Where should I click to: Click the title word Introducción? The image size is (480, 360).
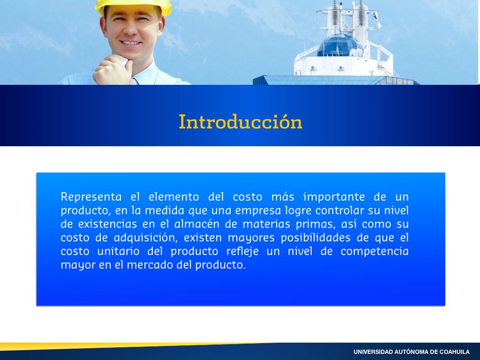[240, 122]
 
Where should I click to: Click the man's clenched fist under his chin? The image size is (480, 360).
[113, 71]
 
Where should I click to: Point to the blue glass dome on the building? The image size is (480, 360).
[339, 45]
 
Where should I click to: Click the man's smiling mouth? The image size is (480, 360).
[130, 43]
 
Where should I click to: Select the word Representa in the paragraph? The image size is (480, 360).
[91, 197]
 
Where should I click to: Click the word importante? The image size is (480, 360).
[334, 197]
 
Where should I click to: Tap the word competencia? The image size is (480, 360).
[375, 251]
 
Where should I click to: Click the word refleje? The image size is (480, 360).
[242, 251]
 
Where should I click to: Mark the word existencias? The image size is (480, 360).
[107, 224]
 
